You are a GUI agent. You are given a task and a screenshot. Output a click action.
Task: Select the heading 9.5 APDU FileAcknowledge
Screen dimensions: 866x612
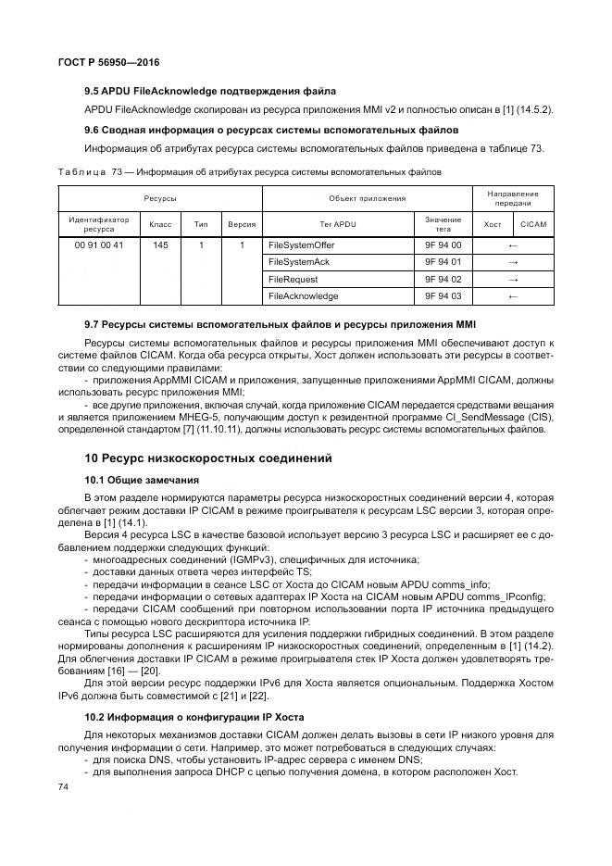(209, 91)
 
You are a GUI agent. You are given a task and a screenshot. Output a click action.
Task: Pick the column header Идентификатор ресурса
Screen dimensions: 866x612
(98, 224)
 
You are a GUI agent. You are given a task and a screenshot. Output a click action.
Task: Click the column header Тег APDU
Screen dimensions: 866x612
(337, 224)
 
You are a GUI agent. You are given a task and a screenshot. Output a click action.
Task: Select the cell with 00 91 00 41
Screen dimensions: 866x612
(98, 245)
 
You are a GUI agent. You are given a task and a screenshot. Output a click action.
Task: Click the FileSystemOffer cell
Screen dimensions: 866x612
(301, 245)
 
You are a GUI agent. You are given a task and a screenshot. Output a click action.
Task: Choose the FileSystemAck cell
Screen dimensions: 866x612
(298, 262)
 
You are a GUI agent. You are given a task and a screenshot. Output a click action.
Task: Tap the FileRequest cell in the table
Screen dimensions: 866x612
(294, 279)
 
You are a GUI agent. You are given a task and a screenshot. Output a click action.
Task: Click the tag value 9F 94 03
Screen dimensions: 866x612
(443, 296)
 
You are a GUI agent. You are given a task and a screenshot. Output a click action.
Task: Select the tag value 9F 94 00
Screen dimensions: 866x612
(443, 245)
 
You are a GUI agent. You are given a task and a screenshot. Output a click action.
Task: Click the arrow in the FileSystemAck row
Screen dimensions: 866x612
(513, 262)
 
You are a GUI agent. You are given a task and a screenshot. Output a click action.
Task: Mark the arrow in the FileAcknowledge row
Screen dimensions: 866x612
(513, 296)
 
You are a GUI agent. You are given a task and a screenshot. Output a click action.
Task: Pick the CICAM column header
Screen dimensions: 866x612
(533, 224)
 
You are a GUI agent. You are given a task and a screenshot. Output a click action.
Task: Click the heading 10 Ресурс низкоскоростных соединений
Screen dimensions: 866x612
(209, 458)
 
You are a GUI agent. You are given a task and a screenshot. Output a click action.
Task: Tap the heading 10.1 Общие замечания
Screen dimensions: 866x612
(142, 481)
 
